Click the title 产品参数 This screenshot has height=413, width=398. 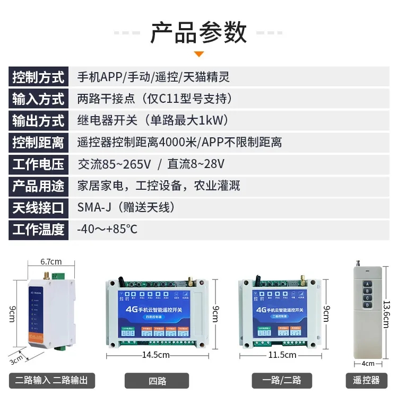(x=198, y=32)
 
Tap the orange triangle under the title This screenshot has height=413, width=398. (x=198, y=54)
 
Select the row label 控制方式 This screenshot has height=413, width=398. (x=38, y=77)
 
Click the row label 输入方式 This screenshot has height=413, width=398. (x=38, y=99)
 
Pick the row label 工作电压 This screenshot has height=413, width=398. (x=38, y=164)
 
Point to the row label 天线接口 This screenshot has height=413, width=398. (x=38, y=208)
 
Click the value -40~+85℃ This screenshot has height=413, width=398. (x=107, y=230)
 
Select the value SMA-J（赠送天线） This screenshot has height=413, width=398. (x=126, y=208)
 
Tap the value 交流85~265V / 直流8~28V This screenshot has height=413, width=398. (x=151, y=164)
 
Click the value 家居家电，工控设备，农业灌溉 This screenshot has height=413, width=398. (x=159, y=186)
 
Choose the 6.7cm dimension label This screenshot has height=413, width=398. (x=51, y=261)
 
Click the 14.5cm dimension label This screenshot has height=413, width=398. (x=155, y=355)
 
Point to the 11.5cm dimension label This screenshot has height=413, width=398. (x=282, y=355)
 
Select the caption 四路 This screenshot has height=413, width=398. (x=157, y=381)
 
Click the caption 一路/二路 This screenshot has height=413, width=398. (x=282, y=381)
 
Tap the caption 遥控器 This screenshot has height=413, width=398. (x=366, y=381)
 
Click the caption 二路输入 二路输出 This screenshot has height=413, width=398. (x=52, y=381)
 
